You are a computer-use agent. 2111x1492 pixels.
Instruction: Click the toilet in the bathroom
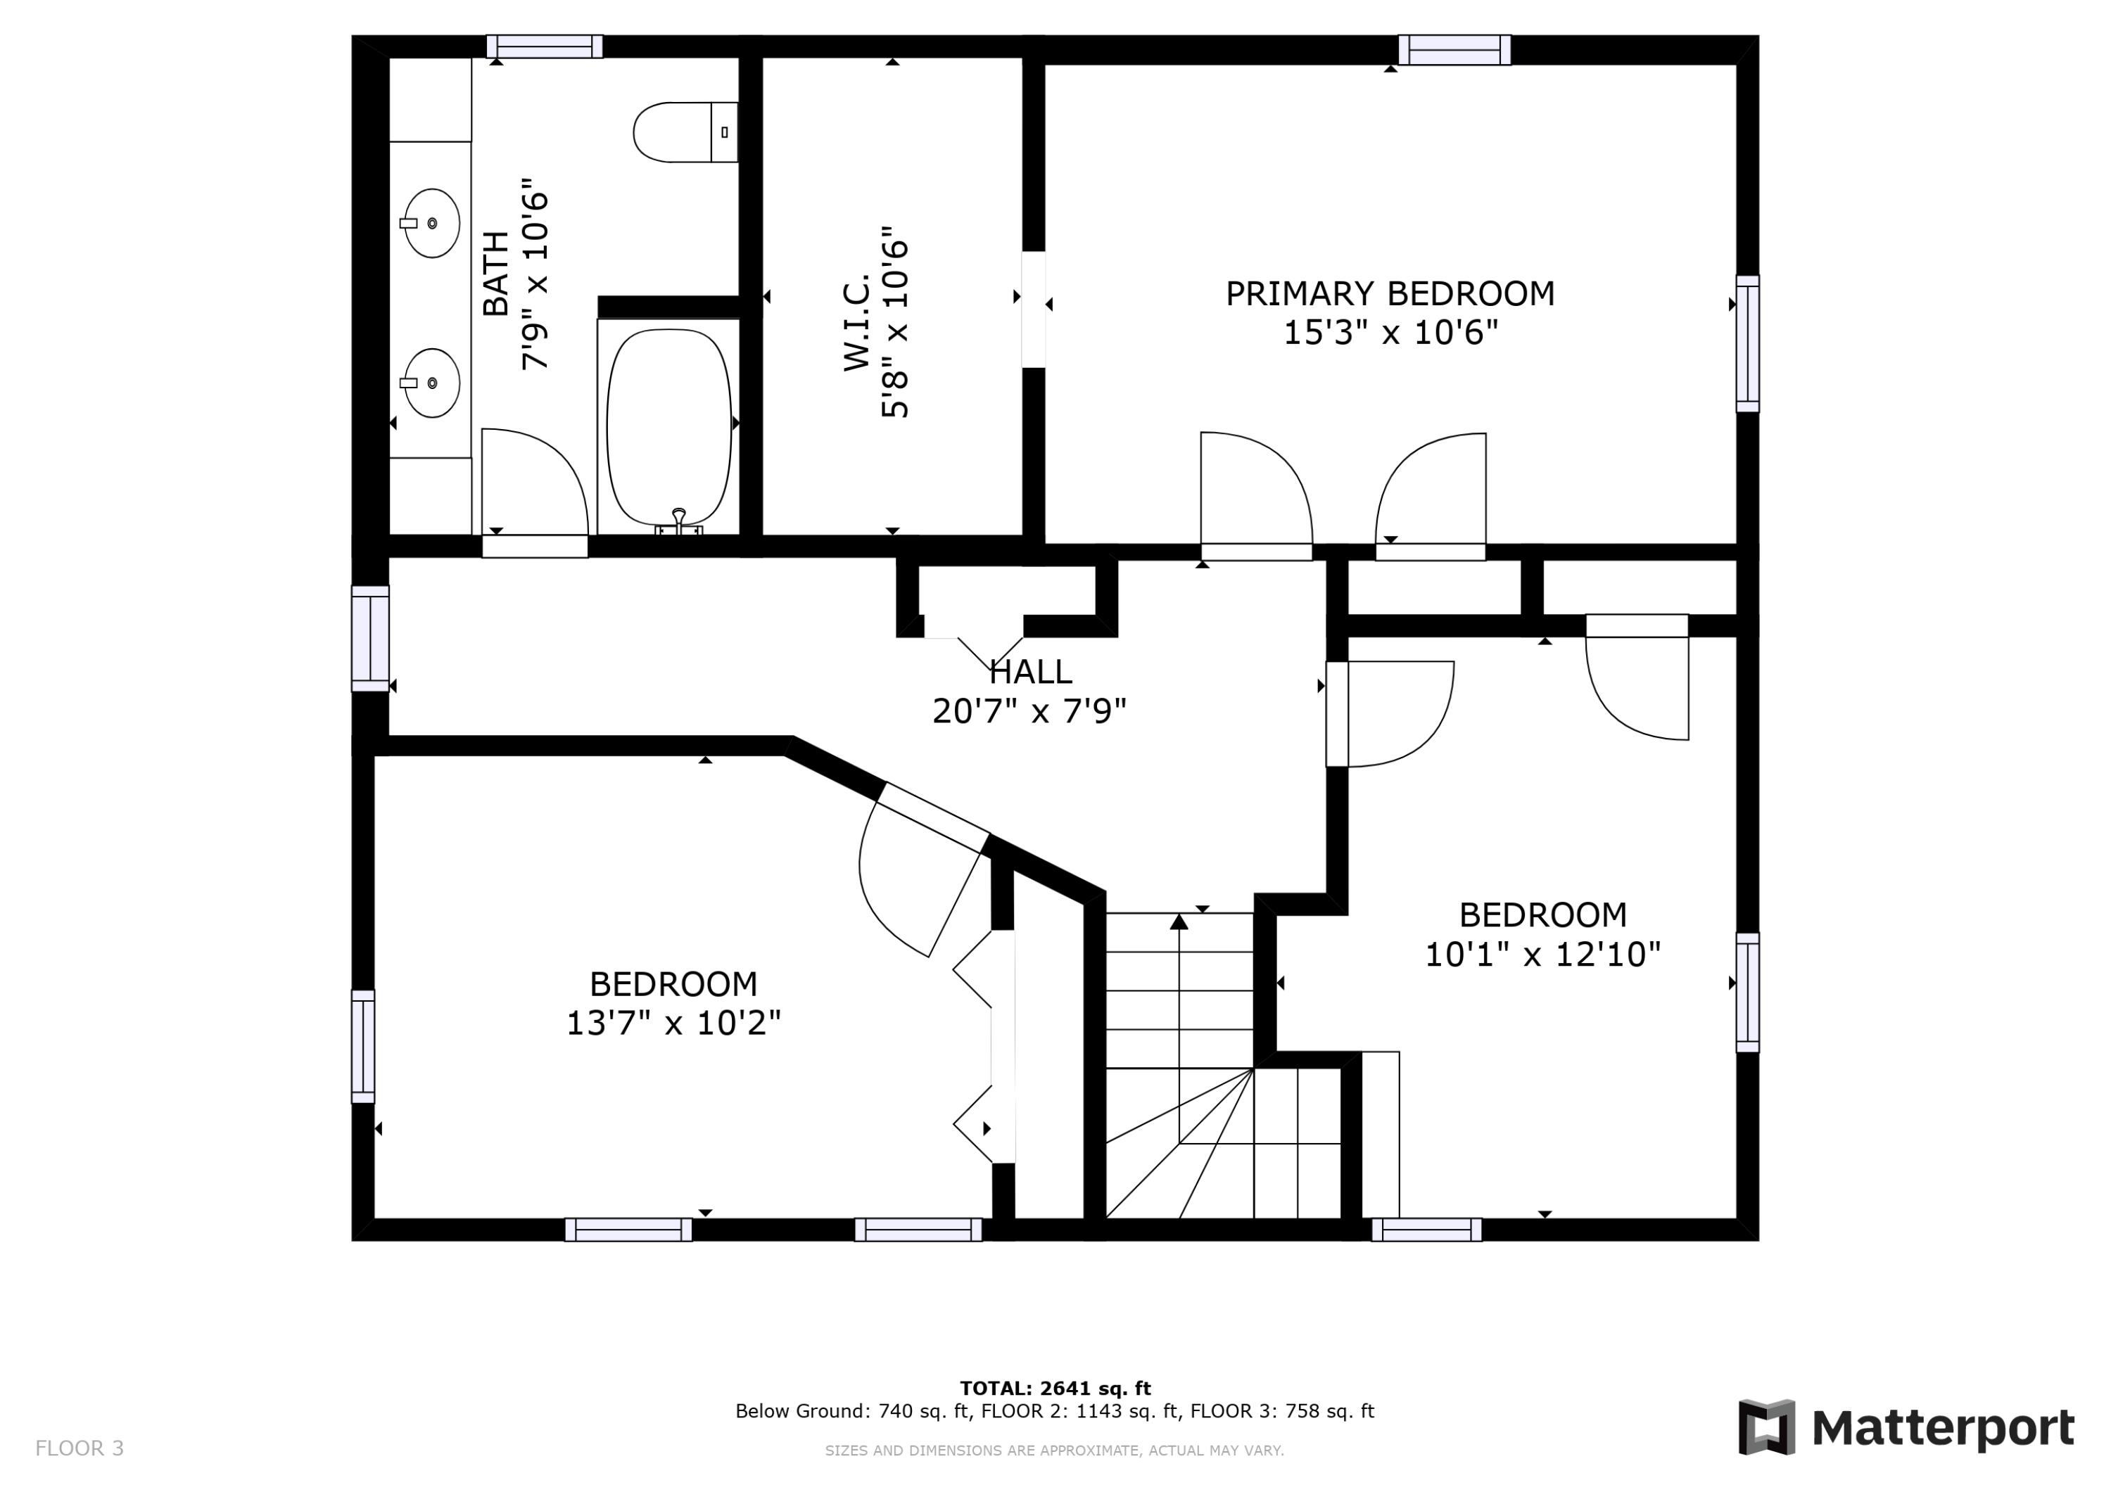(x=685, y=132)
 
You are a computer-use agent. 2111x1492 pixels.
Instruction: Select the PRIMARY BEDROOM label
(x=1390, y=293)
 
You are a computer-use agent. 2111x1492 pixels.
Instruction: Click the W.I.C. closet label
(x=857, y=321)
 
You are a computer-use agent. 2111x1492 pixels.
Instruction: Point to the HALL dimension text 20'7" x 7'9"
(x=1029, y=711)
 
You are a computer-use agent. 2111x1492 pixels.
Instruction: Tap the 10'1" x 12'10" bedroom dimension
(x=1543, y=954)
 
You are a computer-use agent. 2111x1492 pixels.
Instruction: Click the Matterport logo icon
(x=1766, y=1428)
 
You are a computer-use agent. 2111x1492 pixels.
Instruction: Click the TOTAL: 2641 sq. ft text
(x=1055, y=1388)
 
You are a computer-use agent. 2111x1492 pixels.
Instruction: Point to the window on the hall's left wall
(x=371, y=639)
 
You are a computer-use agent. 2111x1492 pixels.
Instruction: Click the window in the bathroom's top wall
(x=545, y=46)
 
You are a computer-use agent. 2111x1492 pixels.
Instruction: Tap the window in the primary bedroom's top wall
(x=1454, y=50)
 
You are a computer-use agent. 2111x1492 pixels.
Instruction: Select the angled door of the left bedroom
(x=932, y=817)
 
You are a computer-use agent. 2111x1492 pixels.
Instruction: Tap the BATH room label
(x=495, y=274)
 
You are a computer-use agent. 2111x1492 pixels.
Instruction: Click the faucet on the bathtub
(x=678, y=522)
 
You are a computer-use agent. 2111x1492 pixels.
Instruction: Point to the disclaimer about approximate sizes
(x=1055, y=1450)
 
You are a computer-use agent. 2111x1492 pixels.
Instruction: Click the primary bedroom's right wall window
(x=1748, y=344)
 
